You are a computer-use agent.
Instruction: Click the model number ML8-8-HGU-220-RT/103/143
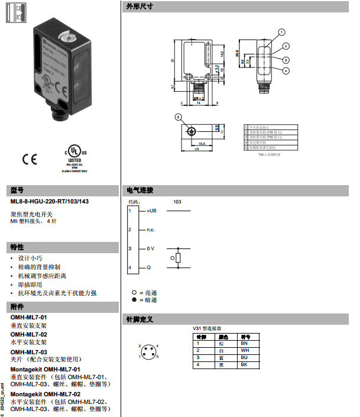pos(50,201)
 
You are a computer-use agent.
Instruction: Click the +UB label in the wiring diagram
pos(152,211)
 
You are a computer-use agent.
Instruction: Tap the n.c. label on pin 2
pos(151,229)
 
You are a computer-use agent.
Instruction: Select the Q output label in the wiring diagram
pos(148,268)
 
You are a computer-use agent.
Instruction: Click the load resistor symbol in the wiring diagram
pos(179,258)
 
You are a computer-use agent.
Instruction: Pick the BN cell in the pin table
pos(244,343)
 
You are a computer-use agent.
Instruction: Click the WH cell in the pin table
pos(244,350)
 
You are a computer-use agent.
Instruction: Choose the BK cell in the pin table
pos(244,364)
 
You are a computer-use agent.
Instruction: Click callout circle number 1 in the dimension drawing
pos(282,32)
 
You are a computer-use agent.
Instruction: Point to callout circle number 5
pos(178,117)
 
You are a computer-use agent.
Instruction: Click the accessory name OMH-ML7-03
pos(28,352)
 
